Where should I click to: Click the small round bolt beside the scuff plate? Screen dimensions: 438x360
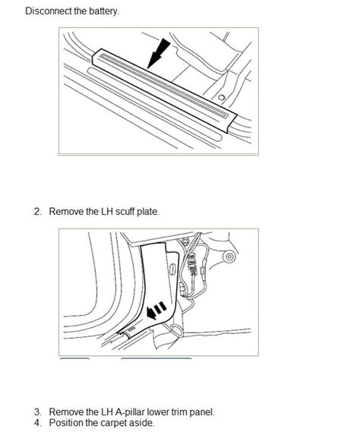(x=221, y=98)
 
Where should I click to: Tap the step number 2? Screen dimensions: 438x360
(x=38, y=212)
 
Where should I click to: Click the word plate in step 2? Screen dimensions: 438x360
(x=149, y=212)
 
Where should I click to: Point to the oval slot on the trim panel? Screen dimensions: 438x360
(x=172, y=269)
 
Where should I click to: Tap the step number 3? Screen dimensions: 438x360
(x=38, y=412)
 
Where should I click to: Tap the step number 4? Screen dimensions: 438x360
(x=38, y=423)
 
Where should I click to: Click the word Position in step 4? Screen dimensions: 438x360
(x=65, y=423)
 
